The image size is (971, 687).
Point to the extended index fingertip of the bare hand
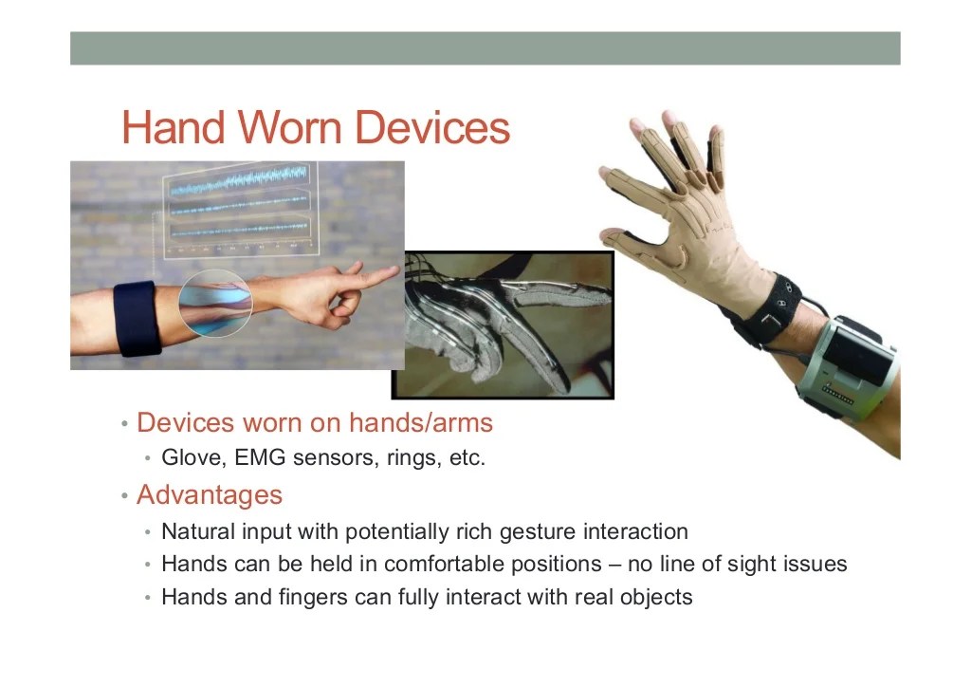391,272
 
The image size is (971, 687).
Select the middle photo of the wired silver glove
503,324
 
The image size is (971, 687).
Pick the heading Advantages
210,494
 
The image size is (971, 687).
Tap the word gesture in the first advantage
536,531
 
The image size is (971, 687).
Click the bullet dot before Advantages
124,496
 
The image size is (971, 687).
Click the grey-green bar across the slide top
485,48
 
